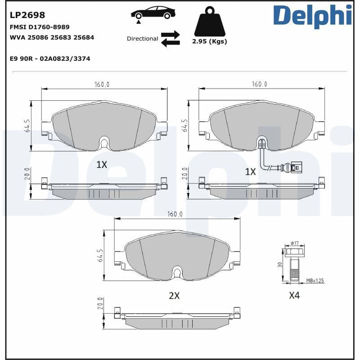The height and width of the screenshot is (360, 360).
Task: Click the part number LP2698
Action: tap(27, 16)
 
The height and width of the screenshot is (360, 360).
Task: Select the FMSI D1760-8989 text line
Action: tap(40, 27)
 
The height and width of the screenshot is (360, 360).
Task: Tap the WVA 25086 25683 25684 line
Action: tap(52, 37)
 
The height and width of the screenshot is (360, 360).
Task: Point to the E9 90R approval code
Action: tap(50, 58)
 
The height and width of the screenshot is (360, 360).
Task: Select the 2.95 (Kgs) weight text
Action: tap(209, 41)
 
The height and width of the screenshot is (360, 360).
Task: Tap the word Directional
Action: tap(142, 39)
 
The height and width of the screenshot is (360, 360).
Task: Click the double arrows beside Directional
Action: tap(170, 39)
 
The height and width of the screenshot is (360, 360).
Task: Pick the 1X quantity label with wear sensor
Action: tap(250, 171)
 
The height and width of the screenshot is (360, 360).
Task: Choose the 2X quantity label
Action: tap(174, 296)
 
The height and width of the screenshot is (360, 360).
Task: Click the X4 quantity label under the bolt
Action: tap(294, 296)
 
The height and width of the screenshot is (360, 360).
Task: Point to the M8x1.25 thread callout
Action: tap(315, 281)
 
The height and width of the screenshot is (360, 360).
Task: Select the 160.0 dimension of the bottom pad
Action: tap(175, 214)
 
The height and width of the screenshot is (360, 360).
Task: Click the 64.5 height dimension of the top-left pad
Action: tap(27, 126)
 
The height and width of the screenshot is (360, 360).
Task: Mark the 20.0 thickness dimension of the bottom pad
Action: tap(100, 305)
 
